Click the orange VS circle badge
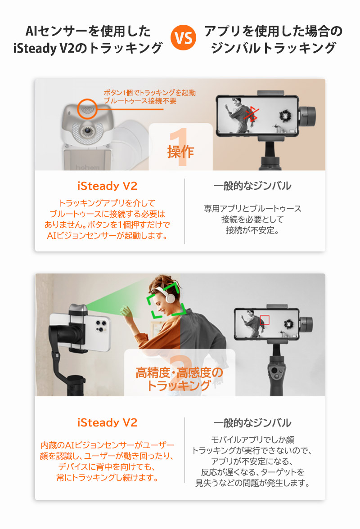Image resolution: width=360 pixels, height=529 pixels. tap(183, 39)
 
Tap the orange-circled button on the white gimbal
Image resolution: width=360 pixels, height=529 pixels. tap(87, 110)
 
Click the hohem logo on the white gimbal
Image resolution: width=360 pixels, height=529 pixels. tap(80, 166)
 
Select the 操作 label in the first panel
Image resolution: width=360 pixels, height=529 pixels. tap(180, 152)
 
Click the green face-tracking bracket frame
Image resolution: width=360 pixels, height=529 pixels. tap(167, 300)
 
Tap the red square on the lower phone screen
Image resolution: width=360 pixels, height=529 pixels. tap(265, 320)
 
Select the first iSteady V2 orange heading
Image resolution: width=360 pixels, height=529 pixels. tap(108, 186)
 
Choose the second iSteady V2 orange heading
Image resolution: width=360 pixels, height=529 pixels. tap(108, 422)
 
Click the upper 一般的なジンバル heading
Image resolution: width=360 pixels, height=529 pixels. tap(252, 186)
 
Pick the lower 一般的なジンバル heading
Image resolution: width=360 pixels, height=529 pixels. tap(252, 422)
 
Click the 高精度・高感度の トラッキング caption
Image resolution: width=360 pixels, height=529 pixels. tap(179, 379)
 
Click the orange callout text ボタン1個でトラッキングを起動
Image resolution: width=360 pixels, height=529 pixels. tap(149, 93)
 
